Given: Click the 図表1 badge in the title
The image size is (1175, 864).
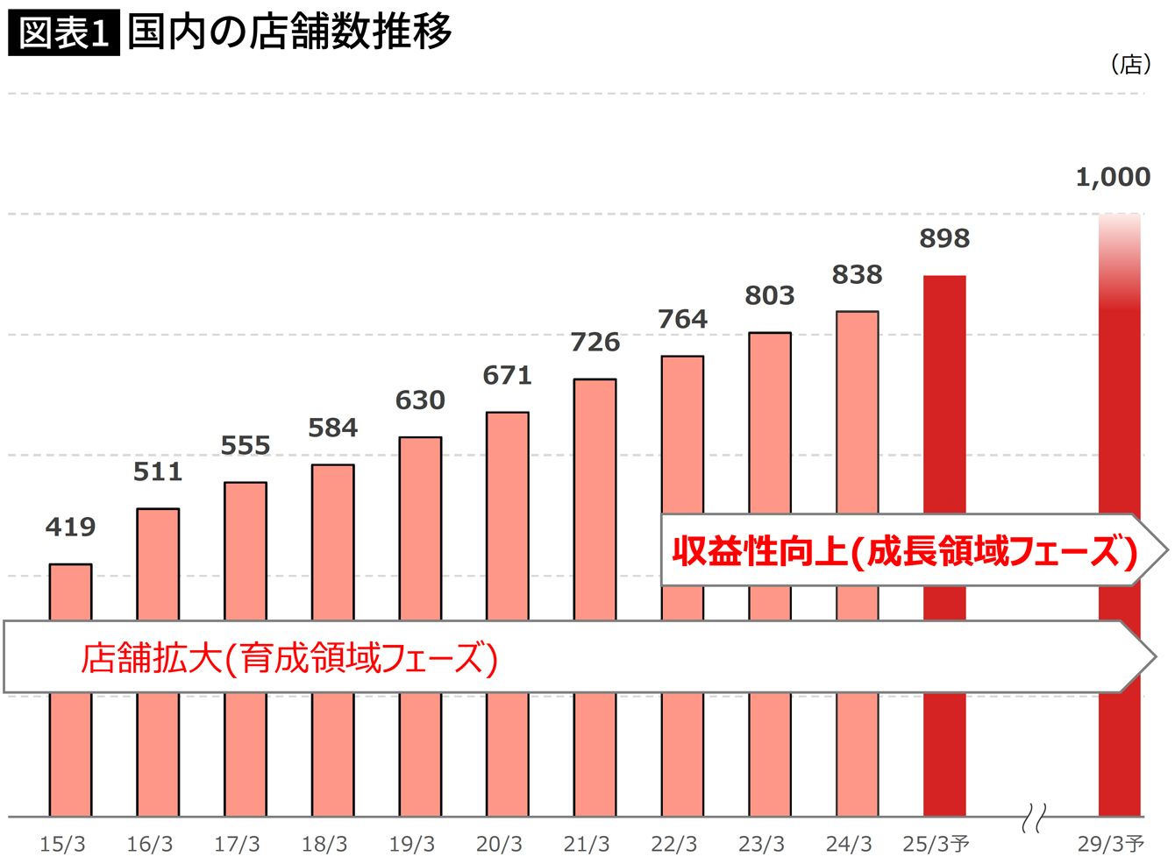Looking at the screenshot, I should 63,34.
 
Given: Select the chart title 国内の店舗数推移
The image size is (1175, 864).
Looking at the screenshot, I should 289,32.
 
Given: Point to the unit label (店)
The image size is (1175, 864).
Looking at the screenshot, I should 1130,64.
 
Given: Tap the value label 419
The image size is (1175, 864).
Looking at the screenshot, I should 70,527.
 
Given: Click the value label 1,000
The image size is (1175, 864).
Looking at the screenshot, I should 1113,177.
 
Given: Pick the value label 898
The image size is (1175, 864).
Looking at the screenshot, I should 944,238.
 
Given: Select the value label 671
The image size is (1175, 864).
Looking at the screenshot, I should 507,376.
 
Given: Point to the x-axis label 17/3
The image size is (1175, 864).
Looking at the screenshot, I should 237,844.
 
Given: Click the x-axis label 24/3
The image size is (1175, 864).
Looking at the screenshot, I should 849,844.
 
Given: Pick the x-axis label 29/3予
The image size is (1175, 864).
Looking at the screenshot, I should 1111,844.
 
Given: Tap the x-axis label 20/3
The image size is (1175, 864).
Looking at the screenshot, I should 499,844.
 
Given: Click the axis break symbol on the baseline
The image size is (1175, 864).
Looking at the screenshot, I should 1034,818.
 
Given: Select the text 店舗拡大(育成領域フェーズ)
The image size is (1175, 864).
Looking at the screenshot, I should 289,657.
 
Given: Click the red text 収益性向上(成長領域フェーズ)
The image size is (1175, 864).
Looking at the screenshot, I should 904,551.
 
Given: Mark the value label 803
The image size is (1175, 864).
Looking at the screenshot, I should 769,296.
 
